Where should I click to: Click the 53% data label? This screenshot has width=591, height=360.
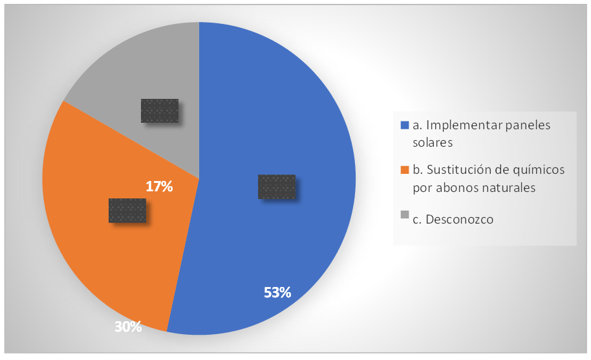coord(277,292)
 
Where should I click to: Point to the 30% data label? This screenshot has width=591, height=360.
coord(128,327)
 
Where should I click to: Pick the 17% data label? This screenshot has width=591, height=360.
coord(159,187)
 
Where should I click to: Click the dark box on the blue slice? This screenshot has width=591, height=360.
coord(277,187)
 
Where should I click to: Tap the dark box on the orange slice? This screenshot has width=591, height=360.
coord(127,210)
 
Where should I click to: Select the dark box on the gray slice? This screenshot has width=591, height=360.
coord(159,111)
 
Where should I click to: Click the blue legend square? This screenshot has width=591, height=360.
coord(405,125)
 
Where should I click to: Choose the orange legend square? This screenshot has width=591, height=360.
coord(405,170)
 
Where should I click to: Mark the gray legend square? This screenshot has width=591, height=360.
coord(405,215)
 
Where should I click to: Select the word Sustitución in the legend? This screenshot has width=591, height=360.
coord(455,170)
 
